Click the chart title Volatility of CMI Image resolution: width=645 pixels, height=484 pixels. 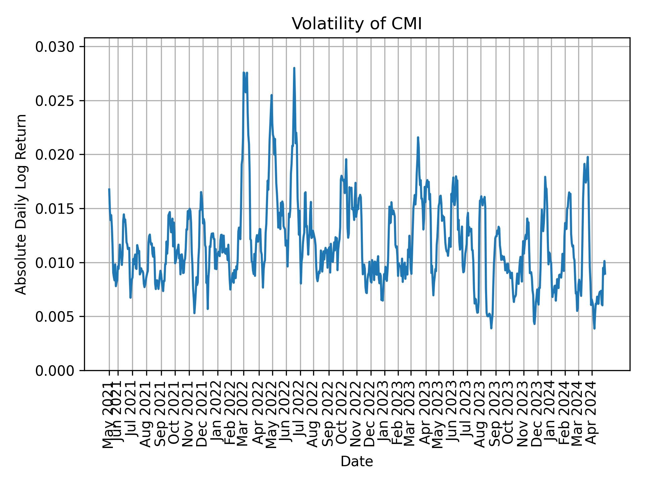pos(356,24)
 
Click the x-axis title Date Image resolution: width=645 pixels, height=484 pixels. pos(356,461)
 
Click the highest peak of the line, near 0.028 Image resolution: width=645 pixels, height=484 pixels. pos(294,68)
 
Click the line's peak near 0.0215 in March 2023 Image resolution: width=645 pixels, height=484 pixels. pos(418,137)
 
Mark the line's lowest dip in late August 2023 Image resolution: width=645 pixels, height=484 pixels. pos(491,328)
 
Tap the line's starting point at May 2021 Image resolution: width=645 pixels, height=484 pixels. pos(109,189)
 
